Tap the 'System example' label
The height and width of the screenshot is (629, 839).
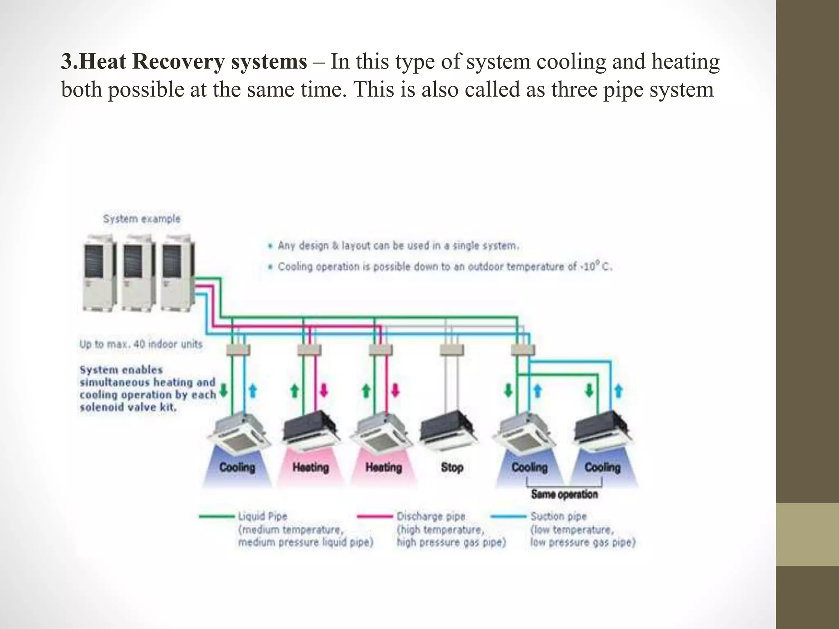click(x=141, y=219)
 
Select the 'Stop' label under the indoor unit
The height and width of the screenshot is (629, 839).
click(x=452, y=467)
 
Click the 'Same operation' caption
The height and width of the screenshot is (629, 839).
click(x=564, y=494)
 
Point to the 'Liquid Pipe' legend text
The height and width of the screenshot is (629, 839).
click(x=263, y=516)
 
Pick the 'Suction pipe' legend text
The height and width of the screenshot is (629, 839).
click(x=558, y=516)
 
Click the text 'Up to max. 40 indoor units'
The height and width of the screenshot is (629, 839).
click(x=141, y=344)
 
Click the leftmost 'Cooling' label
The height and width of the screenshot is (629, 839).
click(x=237, y=467)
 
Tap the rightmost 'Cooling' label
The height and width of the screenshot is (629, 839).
click(x=602, y=467)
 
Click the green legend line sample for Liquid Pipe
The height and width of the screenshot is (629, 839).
click(x=216, y=516)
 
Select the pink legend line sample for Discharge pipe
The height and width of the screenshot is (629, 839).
click(x=374, y=516)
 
